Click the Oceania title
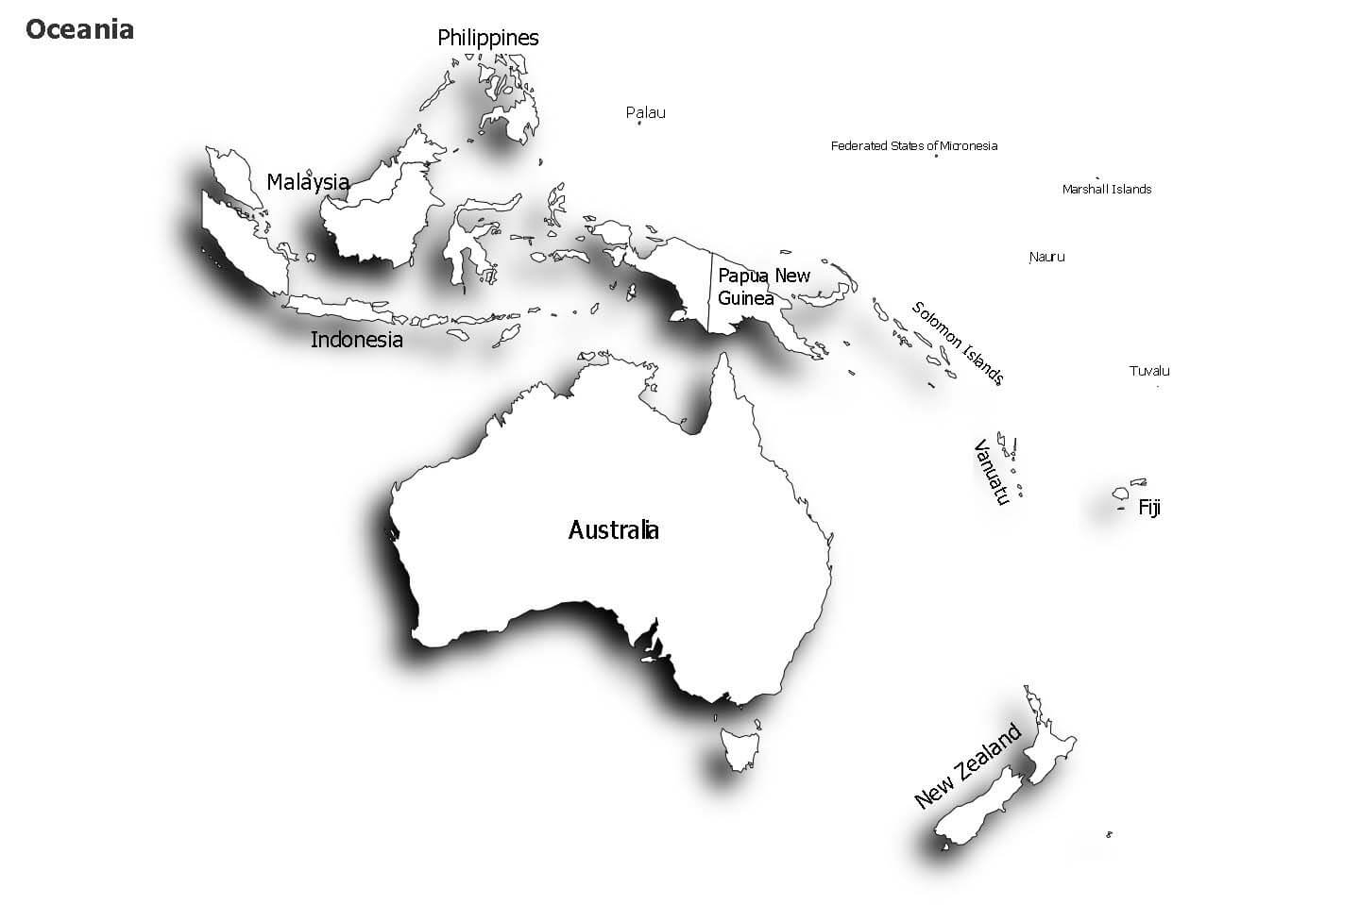(79, 29)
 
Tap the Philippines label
(487, 38)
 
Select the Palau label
(645, 112)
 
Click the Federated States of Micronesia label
(913, 145)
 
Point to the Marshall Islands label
(1106, 189)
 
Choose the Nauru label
(1046, 257)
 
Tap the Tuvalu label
(1149, 371)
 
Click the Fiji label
(1149, 508)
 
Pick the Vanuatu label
(993, 471)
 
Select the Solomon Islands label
(957, 343)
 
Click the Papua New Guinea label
(763, 287)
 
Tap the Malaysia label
(308, 182)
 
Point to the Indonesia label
(356, 340)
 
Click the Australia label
(613, 530)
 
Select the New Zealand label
(968, 765)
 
